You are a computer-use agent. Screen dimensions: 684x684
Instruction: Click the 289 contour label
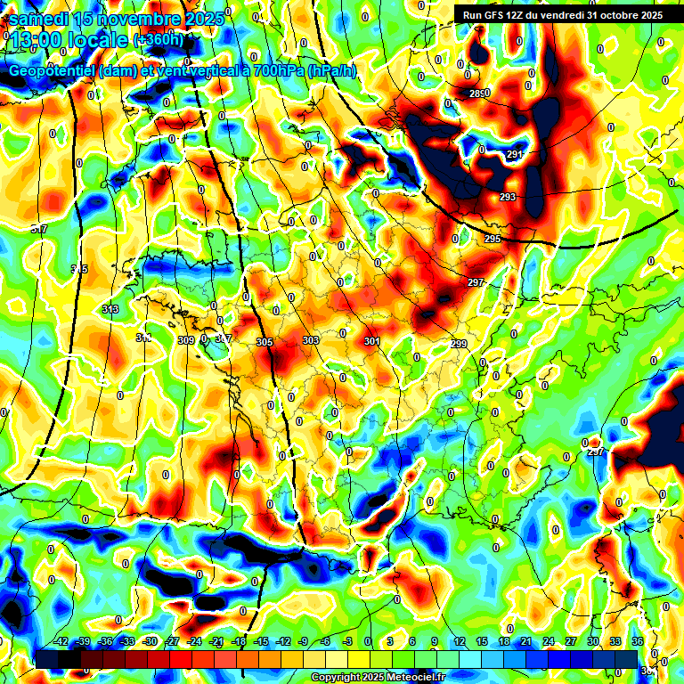479,94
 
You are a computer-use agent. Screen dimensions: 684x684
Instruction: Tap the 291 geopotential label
515,155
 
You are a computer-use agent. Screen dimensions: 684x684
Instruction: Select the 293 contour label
508,197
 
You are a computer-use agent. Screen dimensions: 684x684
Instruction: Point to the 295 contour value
493,240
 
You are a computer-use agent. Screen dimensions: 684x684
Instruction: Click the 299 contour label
459,344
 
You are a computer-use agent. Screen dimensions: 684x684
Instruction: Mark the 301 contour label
372,341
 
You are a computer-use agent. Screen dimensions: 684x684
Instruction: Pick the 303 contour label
311,340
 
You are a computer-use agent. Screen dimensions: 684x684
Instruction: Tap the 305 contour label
264,342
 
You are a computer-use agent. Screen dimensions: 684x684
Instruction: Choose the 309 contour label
186,340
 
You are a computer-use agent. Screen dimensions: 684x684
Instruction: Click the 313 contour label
110,309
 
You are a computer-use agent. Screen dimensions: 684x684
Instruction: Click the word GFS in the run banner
493,14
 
